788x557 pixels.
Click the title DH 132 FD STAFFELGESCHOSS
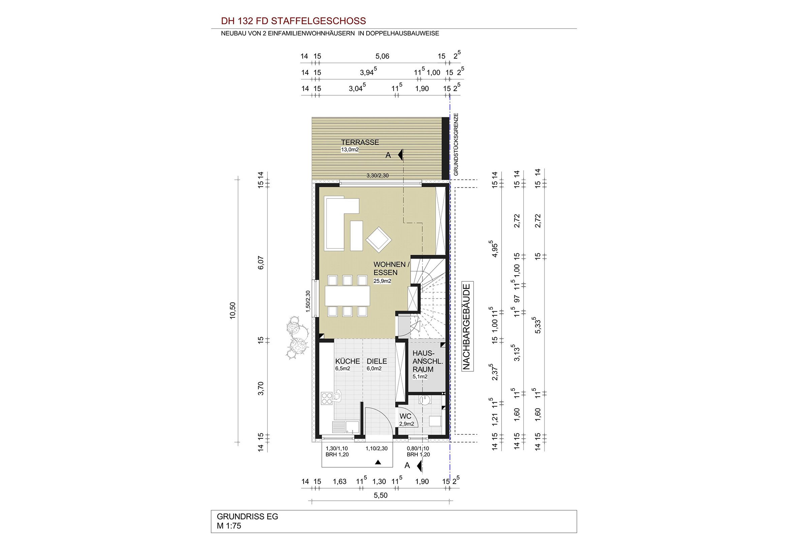[x=293, y=21]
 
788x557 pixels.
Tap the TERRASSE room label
[x=360, y=143]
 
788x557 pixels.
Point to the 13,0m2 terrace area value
[x=350, y=150]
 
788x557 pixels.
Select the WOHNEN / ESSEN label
[x=391, y=268]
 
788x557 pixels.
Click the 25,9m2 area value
[x=382, y=281]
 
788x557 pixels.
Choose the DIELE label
[x=377, y=361]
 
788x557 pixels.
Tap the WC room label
[x=405, y=416]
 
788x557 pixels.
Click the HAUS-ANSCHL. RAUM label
[x=423, y=361]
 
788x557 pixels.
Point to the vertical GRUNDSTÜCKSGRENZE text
[x=456, y=145]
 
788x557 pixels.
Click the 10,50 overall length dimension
[x=233, y=311]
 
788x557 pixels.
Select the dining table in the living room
[x=347, y=296]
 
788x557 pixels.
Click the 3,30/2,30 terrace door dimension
[x=378, y=175]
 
